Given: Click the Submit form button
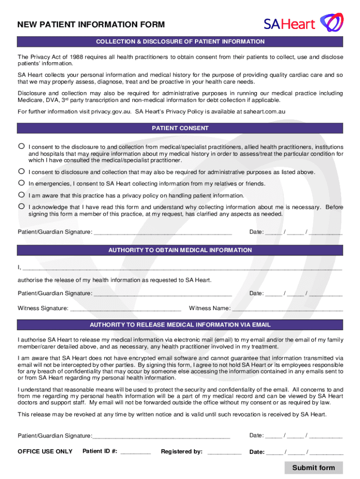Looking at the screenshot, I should point(313,467).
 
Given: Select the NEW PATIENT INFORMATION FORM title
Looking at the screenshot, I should point(91,25).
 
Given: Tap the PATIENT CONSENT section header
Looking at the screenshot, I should point(180,128).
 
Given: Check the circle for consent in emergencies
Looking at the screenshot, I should point(21,183).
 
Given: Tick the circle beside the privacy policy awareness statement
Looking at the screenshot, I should point(21,195).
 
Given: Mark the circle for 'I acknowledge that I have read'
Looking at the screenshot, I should point(21,206).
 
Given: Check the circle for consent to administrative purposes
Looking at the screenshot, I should point(21,171).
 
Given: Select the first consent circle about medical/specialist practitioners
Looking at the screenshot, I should point(21,146).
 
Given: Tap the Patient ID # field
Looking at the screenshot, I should point(136,452).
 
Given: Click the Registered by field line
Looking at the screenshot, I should point(224,452).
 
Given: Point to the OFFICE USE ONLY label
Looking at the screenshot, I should point(45,451).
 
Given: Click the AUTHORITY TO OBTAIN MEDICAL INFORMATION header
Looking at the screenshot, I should point(180,250).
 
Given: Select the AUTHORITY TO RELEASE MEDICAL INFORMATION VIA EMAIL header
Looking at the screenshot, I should point(180,325).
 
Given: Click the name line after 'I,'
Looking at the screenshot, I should point(182,269).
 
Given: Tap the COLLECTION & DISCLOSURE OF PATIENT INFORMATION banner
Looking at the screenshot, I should point(180,42).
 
